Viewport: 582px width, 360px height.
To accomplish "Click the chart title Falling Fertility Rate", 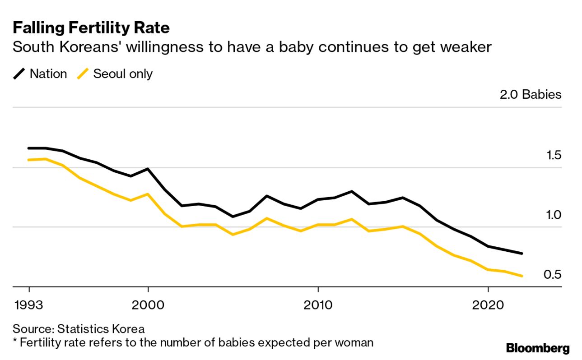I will [91, 28].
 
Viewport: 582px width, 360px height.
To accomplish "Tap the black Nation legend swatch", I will [19, 74].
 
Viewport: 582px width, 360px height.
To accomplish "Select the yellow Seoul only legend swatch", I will [83, 74].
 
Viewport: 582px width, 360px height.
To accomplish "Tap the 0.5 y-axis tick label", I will [552, 275].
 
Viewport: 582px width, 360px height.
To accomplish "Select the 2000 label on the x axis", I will [148, 305].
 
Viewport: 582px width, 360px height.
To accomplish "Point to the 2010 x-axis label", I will [318, 305].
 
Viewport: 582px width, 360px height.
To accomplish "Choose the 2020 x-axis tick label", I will [488, 305].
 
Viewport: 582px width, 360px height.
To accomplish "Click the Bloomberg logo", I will [538, 348].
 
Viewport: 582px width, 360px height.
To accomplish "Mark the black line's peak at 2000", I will [148, 169].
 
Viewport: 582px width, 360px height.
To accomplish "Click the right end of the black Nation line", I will [522, 254].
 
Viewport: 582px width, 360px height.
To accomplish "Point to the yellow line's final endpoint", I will [522, 276].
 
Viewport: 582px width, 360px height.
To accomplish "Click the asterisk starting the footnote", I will [15, 342].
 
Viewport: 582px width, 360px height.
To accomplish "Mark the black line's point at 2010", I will [318, 199].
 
